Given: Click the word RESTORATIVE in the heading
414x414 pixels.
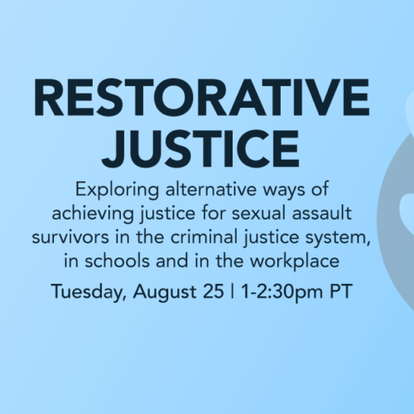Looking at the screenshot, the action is click(x=201, y=97).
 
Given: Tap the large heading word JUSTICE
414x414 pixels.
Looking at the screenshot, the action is click(x=200, y=149).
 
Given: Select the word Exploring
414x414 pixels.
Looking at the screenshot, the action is click(x=118, y=190).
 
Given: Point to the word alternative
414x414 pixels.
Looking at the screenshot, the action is click(x=211, y=190).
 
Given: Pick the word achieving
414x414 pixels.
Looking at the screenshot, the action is click(x=93, y=214).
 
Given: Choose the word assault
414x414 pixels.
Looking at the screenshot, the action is click(x=322, y=214).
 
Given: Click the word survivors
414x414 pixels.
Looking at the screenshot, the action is click(x=70, y=238).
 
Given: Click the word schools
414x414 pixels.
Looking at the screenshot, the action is click(x=117, y=261).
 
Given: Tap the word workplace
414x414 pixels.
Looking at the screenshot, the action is click(x=295, y=262).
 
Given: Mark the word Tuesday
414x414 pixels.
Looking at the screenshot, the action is click(x=89, y=291).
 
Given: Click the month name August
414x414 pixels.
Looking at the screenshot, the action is click(x=165, y=292).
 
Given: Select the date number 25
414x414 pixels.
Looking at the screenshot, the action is click(x=213, y=291).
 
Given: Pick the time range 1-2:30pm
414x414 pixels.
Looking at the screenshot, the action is click(x=282, y=292).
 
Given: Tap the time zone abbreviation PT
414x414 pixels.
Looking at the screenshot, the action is click(x=341, y=291).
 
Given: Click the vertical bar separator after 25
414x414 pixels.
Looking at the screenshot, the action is click(x=233, y=291).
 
